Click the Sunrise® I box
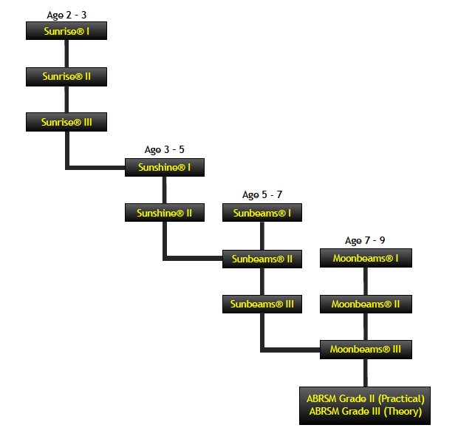[x=66, y=31]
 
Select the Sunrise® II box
[x=66, y=76]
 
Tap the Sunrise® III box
[x=66, y=122]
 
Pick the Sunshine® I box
[x=164, y=168]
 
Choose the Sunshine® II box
[x=164, y=213]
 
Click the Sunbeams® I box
[x=262, y=213]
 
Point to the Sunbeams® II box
[x=262, y=259]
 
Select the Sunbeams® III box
[x=262, y=304]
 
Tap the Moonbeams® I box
[x=366, y=258]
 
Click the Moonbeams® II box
[x=366, y=304]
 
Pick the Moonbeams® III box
[x=366, y=349]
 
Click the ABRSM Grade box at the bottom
[x=365, y=405]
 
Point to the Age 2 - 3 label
[x=66, y=15]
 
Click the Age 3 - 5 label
[x=164, y=150]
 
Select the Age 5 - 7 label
[x=262, y=195]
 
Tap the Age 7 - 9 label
[x=365, y=241]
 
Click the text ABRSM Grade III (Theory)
[x=365, y=412]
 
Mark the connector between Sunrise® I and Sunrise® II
[x=66, y=53]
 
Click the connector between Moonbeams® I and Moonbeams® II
[x=366, y=281]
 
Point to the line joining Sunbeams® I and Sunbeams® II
[x=262, y=236]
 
